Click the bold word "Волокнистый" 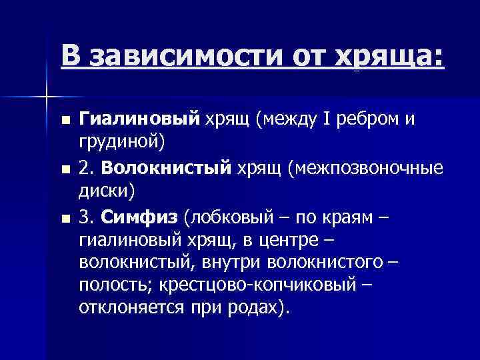pos(165,167)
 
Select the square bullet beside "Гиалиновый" pos(63,121)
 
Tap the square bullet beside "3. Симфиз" pos(63,217)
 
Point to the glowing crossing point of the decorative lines pos(45,97)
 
